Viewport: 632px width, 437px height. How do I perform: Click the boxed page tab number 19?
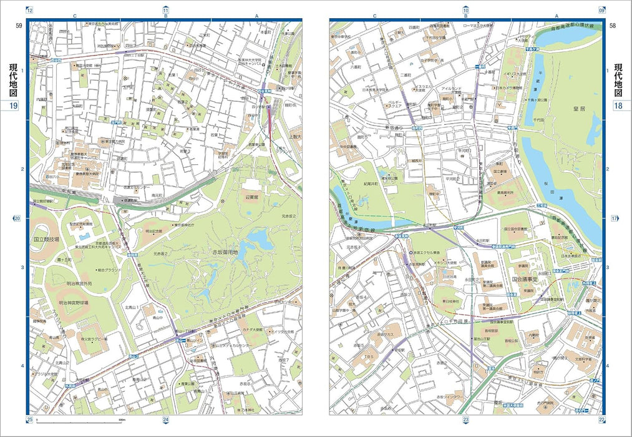pyautogui.click(x=13, y=106)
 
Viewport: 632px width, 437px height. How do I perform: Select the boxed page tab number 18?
pyautogui.click(x=618, y=106)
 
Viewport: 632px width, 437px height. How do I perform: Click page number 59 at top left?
pyautogui.click(x=19, y=26)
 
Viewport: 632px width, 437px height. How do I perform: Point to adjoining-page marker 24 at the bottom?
pyautogui.click(x=165, y=420)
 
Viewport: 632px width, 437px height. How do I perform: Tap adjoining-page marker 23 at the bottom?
pyautogui.click(x=465, y=420)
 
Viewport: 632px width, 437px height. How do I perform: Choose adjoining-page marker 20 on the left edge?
pyautogui.click(x=17, y=219)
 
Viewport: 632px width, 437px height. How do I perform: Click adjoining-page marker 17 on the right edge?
pyautogui.click(x=614, y=219)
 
